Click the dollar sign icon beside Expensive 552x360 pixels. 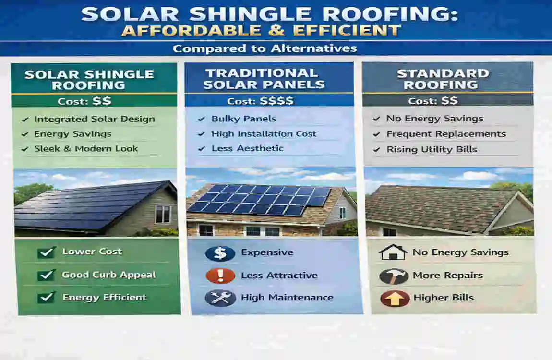pyautogui.click(x=220, y=253)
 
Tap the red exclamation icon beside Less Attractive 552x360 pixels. pyautogui.click(x=220, y=276)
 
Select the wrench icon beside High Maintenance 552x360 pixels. pyautogui.click(x=220, y=298)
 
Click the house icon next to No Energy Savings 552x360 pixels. pyautogui.click(x=393, y=252)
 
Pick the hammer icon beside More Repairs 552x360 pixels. pyautogui.click(x=394, y=276)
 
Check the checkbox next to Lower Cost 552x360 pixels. pyautogui.click(x=47, y=252)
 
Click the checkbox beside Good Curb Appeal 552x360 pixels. pyautogui.click(x=47, y=275)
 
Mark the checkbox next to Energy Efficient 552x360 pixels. pyautogui.click(x=47, y=298)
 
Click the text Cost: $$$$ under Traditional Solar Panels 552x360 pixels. pyautogui.click(x=260, y=101)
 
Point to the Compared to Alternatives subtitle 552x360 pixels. pyautogui.click(x=264, y=48)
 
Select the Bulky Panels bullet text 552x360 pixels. pyautogui.click(x=244, y=119)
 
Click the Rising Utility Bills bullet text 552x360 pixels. pyautogui.click(x=432, y=149)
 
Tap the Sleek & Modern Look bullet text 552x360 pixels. pyautogui.click(x=86, y=149)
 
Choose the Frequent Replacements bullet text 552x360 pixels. pyautogui.click(x=446, y=134)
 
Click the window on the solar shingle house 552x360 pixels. pyautogui.click(x=163, y=214)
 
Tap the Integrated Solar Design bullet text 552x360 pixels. pyautogui.click(x=94, y=119)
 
